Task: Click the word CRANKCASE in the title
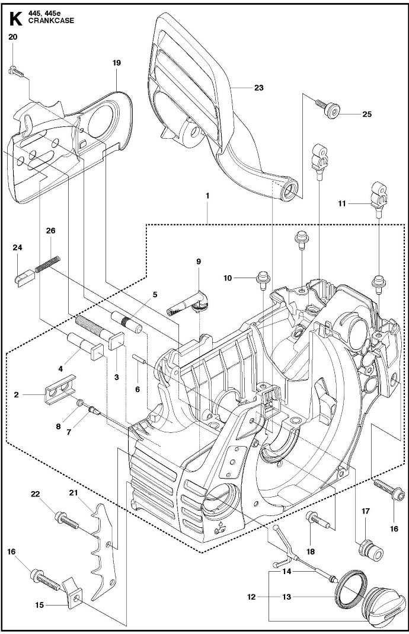pyautogui.click(x=52, y=21)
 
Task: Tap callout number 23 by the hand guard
pyautogui.click(x=258, y=87)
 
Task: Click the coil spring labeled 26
pyautogui.click(x=47, y=264)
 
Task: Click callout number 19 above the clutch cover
pyautogui.click(x=116, y=63)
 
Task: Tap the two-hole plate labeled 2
pyautogui.click(x=60, y=388)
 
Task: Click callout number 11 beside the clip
pyautogui.click(x=342, y=204)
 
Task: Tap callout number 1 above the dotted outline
pyautogui.click(x=207, y=195)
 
